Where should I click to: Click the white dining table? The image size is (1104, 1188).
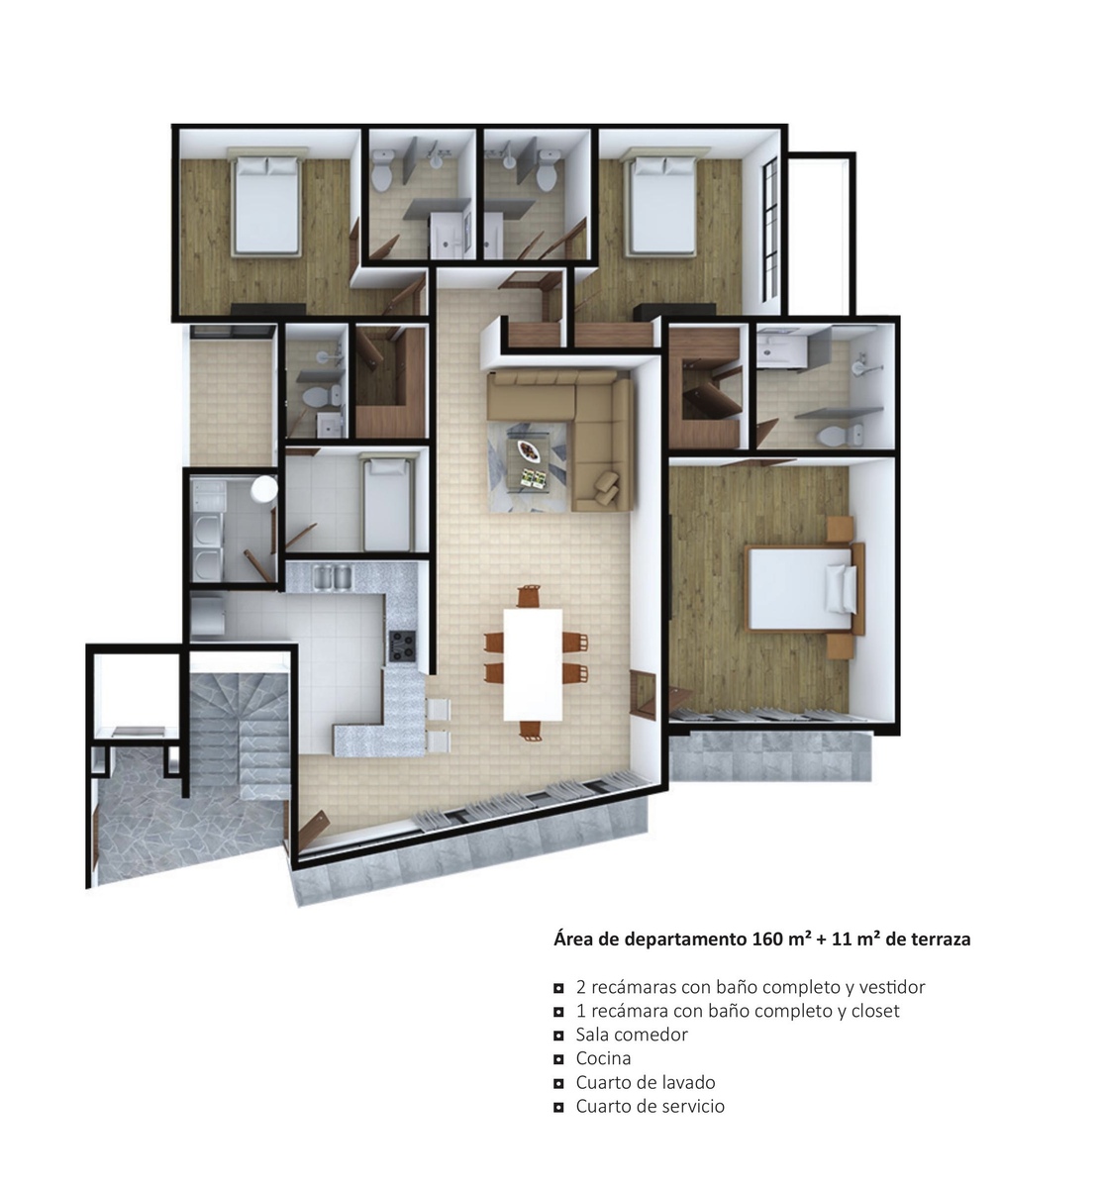tap(533, 664)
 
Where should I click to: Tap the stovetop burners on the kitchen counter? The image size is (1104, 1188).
tap(402, 646)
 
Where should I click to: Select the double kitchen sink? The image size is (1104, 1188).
tap(333, 576)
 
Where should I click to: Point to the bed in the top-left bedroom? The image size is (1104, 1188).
tap(265, 206)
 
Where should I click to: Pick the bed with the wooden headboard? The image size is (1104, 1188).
tap(805, 587)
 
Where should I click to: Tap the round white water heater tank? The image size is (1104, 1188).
tap(264, 488)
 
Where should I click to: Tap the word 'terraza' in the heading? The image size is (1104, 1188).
tap(941, 940)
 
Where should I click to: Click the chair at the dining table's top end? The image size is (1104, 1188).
tap(529, 596)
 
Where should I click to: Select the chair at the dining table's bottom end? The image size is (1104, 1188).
tap(530, 732)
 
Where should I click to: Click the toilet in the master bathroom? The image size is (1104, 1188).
tap(840, 435)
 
